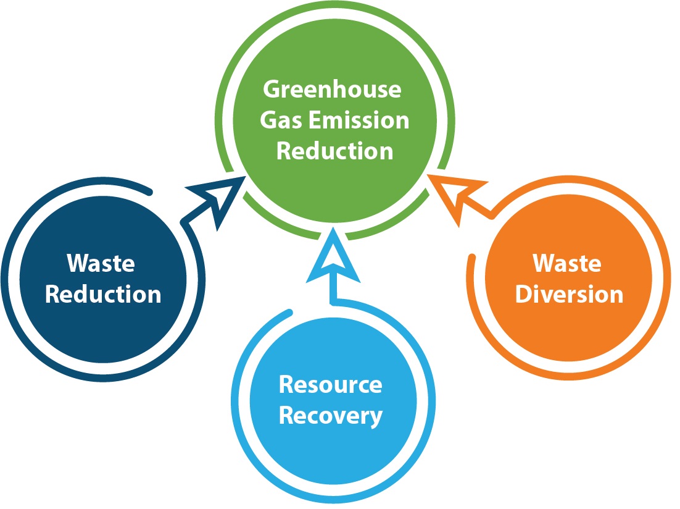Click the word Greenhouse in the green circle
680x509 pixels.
click(x=332, y=90)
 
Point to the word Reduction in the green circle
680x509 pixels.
click(x=334, y=150)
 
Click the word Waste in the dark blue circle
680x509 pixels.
click(x=101, y=264)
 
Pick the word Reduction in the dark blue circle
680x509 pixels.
click(x=103, y=294)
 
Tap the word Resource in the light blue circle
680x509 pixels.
click(x=330, y=384)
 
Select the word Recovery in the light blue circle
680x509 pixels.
click(x=331, y=415)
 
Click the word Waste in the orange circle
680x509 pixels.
click(x=567, y=263)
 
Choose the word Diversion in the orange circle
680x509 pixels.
click(x=569, y=294)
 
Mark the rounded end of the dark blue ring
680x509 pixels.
click(x=148, y=188)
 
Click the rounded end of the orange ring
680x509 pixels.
click(x=472, y=257)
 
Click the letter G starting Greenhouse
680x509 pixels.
click(x=273, y=90)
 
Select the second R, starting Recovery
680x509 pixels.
click(x=287, y=415)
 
